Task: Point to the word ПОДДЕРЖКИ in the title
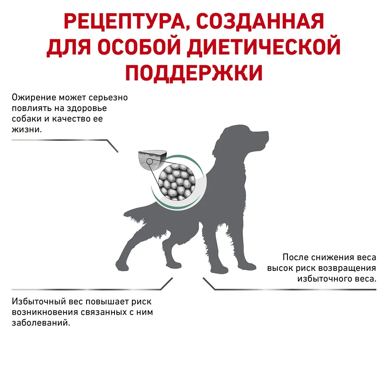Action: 194,73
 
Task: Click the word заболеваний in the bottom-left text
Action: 41,323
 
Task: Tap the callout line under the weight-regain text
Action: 295,289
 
